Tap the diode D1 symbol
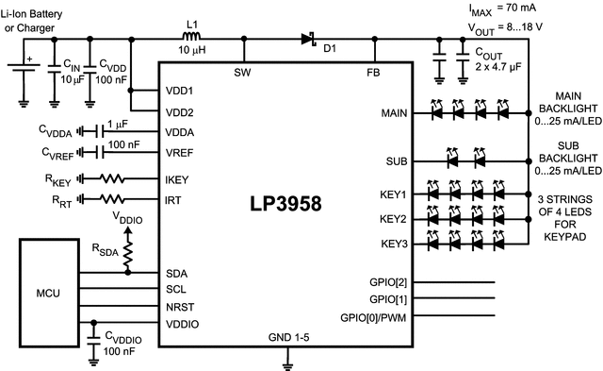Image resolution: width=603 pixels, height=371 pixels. coord(308,39)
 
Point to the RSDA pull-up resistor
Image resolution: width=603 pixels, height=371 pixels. coord(129,250)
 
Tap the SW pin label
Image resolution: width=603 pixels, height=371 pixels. coord(244,72)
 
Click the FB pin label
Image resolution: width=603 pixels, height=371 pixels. coord(373,72)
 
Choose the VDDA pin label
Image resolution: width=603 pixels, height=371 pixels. coord(179,133)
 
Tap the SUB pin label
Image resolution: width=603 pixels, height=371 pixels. coord(397,161)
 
